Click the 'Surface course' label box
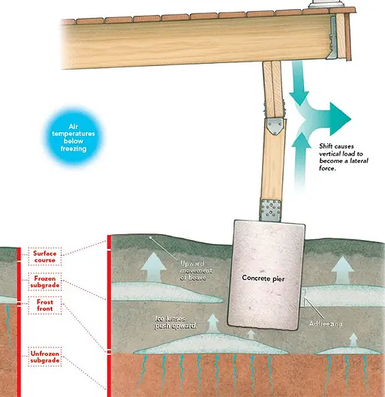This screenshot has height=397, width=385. [x=45, y=257]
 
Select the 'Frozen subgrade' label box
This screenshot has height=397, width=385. [x=45, y=281]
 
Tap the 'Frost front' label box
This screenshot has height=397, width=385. [x=45, y=305]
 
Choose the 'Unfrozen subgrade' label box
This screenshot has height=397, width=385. [x=45, y=356]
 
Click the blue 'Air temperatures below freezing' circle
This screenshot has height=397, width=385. [x=74, y=137]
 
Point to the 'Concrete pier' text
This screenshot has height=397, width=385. [x=263, y=278]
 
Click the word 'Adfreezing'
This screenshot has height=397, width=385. [x=326, y=323]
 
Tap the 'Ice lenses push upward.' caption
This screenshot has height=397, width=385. [x=176, y=322]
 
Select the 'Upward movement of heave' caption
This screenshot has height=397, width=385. [x=196, y=270]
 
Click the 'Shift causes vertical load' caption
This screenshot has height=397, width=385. [x=344, y=157]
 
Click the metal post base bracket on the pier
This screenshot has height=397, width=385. [x=271, y=210]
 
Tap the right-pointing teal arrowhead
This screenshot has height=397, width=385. [x=340, y=119]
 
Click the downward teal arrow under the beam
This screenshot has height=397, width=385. [x=299, y=83]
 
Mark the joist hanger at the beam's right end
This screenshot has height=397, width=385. [x=332, y=38]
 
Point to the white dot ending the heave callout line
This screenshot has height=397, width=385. [x=150, y=237]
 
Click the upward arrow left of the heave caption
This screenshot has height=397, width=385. [x=153, y=266]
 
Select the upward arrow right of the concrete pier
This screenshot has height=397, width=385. [x=342, y=269]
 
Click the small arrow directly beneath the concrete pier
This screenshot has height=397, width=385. [x=251, y=334]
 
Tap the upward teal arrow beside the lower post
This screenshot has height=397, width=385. [x=301, y=162]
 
